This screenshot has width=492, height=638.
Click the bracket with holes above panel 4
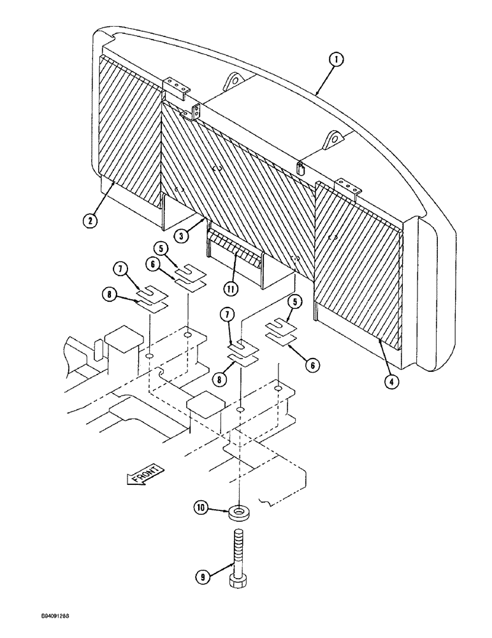351,186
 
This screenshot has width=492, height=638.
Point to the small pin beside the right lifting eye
299,168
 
